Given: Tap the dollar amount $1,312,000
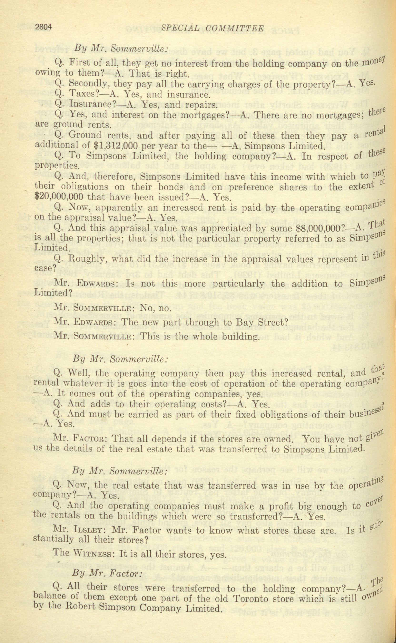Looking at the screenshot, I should [x=117, y=145].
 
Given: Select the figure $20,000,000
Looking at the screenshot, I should [x=58, y=196].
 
